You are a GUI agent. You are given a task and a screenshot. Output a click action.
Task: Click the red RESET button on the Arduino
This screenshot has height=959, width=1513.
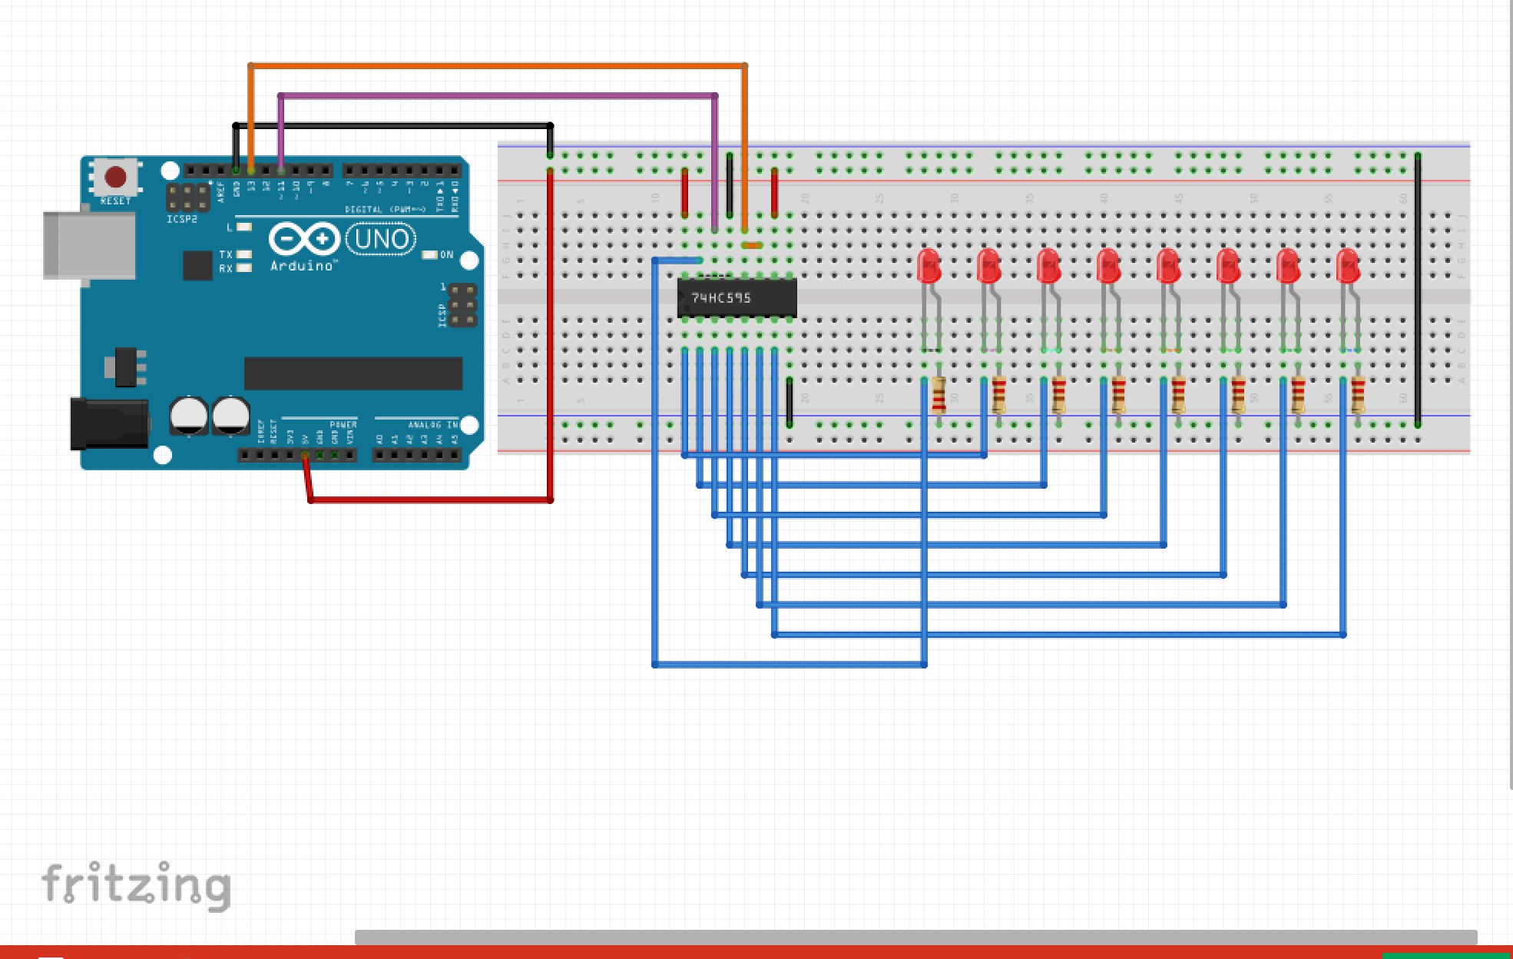(x=115, y=178)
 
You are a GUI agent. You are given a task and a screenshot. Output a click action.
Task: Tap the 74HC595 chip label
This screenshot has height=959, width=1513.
(x=721, y=297)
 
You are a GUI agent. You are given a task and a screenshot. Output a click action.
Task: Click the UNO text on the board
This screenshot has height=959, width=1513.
(x=381, y=239)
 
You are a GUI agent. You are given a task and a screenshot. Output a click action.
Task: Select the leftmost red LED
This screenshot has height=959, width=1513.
(x=929, y=266)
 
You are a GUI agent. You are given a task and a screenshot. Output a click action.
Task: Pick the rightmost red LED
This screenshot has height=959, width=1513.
(x=1348, y=266)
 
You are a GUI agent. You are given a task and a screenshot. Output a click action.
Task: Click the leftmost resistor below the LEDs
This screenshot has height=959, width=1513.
(x=939, y=396)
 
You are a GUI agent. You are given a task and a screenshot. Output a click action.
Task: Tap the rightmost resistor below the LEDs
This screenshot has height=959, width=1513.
(x=1358, y=396)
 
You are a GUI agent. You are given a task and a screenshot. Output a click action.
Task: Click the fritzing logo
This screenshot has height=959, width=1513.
(x=136, y=886)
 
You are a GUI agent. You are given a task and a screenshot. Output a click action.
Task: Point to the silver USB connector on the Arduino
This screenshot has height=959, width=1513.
(x=88, y=244)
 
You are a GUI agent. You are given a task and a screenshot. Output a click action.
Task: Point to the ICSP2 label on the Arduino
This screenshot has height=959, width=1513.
(x=182, y=219)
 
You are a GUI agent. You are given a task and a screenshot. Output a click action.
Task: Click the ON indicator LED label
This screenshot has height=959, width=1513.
(x=446, y=255)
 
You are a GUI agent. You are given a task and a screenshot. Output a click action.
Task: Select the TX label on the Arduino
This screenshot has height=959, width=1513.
(x=226, y=254)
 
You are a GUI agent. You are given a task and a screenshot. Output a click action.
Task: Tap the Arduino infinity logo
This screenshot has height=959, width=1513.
(x=304, y=239)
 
